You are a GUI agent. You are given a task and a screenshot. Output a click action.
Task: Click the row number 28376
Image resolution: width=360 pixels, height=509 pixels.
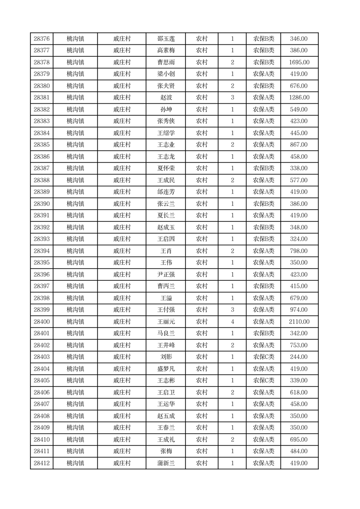[42, 39]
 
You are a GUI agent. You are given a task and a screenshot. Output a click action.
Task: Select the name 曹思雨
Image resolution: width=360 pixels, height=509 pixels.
[165, 62]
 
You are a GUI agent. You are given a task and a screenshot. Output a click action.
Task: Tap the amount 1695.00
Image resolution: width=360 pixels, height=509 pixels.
[299, 62]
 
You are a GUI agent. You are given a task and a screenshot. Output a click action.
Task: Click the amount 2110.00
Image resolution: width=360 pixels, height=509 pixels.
[299, 322]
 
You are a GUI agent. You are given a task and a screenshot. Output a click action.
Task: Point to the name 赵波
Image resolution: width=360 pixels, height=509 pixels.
[165, 98]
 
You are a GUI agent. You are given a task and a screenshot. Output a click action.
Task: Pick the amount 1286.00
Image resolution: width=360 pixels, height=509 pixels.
[299, 98]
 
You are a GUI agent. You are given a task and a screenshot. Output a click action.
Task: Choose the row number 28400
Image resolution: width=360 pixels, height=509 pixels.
[42, 322]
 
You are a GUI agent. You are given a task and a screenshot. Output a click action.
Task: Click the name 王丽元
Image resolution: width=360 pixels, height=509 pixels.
[165, 322]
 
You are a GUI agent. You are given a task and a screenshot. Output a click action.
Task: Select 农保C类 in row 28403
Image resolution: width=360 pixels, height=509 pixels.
[263, 357]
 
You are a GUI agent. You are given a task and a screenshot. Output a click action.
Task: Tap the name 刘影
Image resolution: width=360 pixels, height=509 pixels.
[165, 357]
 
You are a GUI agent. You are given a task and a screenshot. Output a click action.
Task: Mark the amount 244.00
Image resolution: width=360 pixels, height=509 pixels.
[299, 357]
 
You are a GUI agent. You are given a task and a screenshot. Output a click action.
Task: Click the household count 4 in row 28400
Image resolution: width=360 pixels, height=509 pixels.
[232, 322]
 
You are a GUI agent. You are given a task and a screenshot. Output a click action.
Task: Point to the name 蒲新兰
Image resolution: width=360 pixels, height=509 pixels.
[165, 463]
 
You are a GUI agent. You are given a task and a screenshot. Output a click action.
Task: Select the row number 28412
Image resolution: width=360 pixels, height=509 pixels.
[42, 463]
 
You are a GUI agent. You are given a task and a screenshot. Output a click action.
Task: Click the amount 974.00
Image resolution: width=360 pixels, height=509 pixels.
[299, 310]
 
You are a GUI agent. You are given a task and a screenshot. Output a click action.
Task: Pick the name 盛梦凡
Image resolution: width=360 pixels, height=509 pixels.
[165, 369]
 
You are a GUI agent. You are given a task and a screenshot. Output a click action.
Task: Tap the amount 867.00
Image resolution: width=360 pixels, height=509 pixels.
[299, 145]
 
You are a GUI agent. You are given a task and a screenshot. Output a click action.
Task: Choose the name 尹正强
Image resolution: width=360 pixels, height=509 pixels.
[165, 274]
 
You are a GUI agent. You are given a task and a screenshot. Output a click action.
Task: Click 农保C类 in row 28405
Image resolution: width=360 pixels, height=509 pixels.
[263, 381]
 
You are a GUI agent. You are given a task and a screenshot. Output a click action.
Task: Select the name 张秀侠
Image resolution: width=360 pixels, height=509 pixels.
[165, 121]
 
